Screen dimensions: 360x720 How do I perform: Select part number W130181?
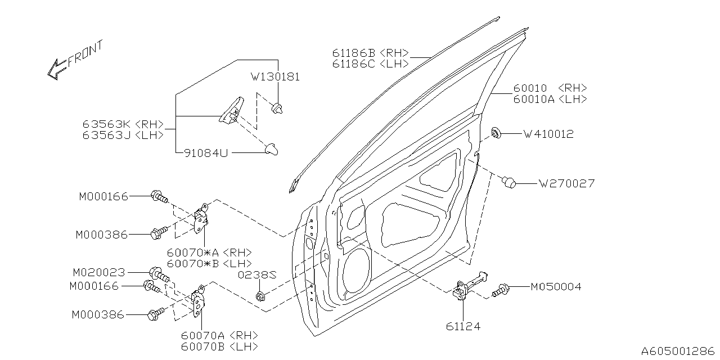275,77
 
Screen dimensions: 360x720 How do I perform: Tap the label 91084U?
206,152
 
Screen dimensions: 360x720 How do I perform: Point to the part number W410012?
548,134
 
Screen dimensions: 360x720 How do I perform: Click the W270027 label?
566,183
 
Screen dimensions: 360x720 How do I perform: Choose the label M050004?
556,287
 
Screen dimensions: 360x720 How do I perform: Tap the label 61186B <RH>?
369,53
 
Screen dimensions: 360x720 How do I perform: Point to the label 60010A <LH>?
550,99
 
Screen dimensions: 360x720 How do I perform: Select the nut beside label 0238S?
260,296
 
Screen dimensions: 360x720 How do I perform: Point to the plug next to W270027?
509,182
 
